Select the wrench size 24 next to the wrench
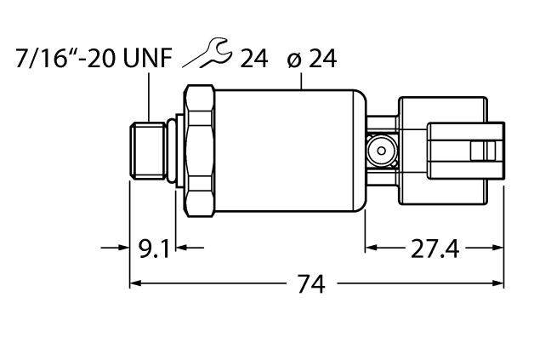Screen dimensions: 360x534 coord(253,59)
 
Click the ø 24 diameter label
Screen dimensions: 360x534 coord(311,59)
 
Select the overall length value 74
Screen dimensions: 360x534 coord(313,284)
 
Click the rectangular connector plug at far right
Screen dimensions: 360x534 coord(463,151)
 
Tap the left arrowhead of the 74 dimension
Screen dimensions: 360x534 coord(135,284)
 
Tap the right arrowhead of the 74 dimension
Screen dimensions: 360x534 coord(497,284)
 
